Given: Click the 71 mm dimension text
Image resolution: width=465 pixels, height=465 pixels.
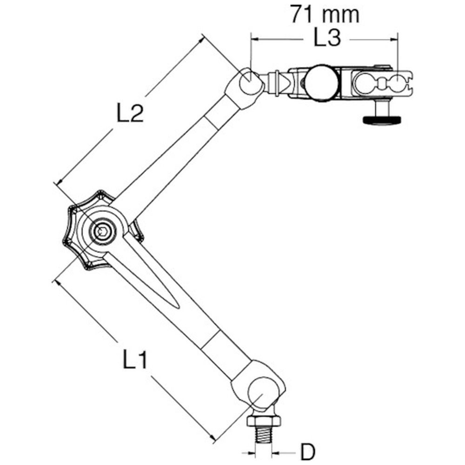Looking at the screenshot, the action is point(325,14).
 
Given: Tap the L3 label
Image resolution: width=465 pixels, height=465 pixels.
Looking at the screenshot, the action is point(327,38).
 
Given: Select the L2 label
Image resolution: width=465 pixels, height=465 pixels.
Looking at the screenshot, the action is point(130,113).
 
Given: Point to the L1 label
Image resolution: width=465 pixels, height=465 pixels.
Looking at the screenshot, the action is point(135,359).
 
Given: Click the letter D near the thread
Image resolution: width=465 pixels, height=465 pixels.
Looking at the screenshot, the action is point(308,452).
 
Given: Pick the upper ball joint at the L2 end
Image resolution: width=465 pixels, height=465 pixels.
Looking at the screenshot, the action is point(249,80).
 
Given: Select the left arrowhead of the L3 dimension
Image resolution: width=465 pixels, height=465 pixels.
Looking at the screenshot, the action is point(256,39).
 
